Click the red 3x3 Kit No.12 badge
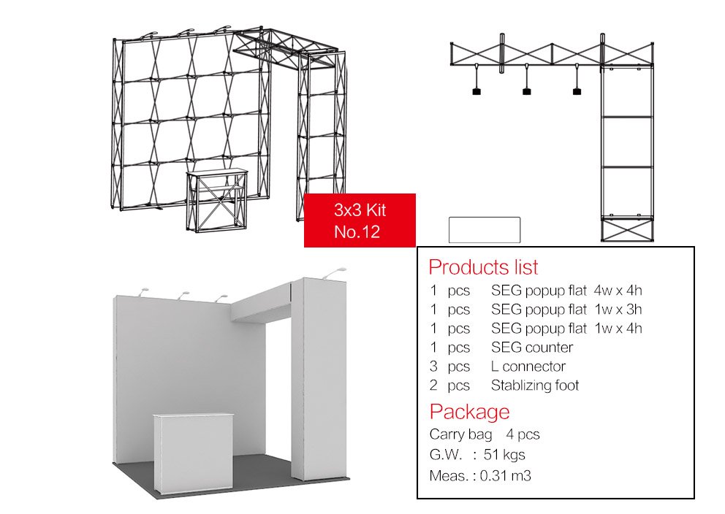(x=360, y=220)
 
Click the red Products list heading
(x=483, y=267)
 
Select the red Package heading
(x=469, y=412)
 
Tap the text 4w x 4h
(x=618, y=291)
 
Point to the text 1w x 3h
(x=618, y=310)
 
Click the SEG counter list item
(x=532, y=348)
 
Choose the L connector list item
(x=528, y=367)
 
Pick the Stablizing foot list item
(x=534, y=385)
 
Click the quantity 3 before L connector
(x=433, y=367)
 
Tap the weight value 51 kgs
(x=504, y=454)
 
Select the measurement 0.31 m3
(x=505, y=475)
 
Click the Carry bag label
(x=460, y=434)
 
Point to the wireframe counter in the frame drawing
(x=217, y=200)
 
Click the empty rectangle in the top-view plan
(x=485, y=229)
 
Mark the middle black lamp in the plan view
(x=527, y=91)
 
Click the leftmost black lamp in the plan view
(x=477, y=91)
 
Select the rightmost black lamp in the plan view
(x=577, y=91)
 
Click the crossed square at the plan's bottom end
(x=628, y=229)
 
